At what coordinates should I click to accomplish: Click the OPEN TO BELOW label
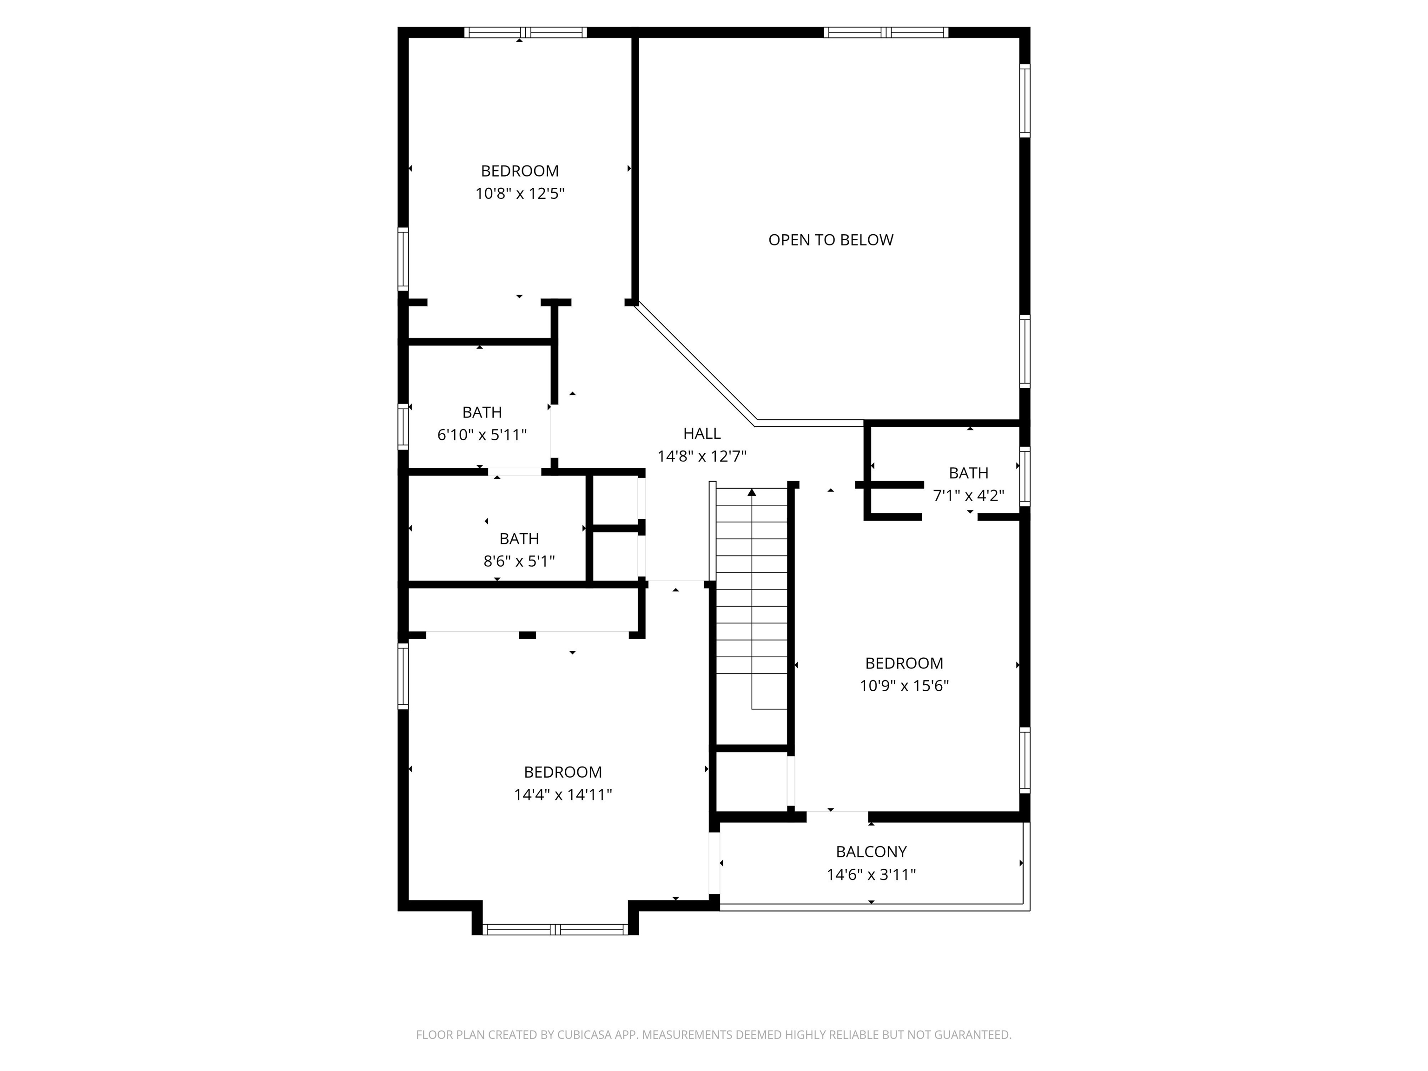830,240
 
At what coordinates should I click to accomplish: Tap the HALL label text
702,434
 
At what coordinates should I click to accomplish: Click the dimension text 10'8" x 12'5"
520,194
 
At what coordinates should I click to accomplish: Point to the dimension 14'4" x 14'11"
563,795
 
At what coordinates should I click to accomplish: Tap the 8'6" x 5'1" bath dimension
519,562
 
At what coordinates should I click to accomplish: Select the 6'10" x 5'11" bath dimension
482,435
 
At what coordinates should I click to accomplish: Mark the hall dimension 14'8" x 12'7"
702,457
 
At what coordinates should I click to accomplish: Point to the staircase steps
752,601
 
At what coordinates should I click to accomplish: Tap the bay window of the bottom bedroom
555,930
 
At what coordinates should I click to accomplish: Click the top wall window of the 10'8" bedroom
525,32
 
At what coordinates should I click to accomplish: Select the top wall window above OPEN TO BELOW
886,32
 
